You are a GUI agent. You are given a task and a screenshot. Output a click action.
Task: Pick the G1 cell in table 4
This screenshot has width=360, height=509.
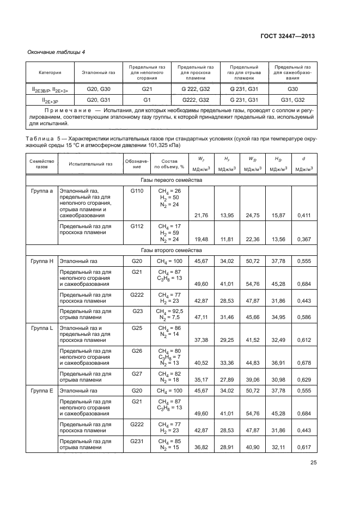point(147,100)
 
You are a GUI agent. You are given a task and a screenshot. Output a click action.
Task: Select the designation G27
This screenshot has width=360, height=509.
point(136,374)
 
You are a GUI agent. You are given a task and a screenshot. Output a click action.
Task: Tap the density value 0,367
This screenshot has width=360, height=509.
point(303,239)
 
